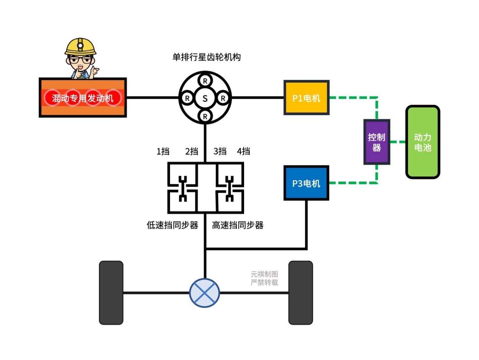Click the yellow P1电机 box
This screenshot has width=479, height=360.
tap(306, 98)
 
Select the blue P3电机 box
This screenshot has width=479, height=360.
tap(306, 183)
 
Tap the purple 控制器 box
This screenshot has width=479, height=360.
tap(377, 142)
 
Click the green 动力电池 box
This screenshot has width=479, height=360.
tap(423, 142)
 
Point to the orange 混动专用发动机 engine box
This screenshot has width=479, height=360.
tap(83, 98)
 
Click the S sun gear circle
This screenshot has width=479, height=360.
tap(205, 98)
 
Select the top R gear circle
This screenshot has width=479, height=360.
tap(205, 81)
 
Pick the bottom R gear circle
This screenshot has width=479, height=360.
tap(205, 116)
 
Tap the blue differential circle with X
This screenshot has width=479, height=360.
tap(204, 293)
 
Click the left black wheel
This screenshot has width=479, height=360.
tap(111, 292)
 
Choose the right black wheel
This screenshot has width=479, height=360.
tap(301, 292)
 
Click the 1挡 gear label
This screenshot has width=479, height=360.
tap(163, 151)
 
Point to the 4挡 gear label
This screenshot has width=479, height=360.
tap(244, 151)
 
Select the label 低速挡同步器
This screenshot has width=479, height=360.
tap(172, 225)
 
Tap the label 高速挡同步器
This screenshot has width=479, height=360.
tap(238, 225)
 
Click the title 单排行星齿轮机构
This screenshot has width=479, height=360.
tap(206, 57)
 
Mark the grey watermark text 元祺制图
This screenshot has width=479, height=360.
tap(264, 274)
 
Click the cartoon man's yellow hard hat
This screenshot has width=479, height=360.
tap(80, 46)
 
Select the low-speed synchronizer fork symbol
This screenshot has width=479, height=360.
tap(183, 188)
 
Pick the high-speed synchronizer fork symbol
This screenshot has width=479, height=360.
tap(229, 188)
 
